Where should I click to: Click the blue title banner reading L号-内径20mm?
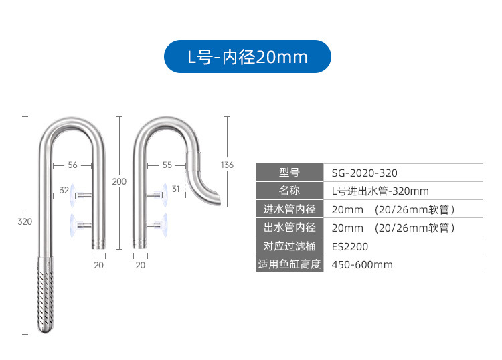pyautogui.click(x=248, y=57)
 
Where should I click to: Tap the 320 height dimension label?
pyautogui.click(x=25, y=222)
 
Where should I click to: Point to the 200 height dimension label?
pyautogui.click(x=119, y=181)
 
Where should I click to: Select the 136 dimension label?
pyautogui.click(x=228, y=165)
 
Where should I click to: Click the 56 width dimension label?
pyautogui.click(x=73, y=165)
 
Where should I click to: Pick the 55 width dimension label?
pyautogui.click(x=167, y=165)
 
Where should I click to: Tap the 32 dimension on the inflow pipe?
pyautogui.click(x=64, y=190)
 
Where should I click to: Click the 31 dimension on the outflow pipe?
pyautogui.click(x=175, y=189)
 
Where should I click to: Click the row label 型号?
pyautogui.click(x=289, y=173)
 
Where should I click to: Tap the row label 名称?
pyautogui.click(x=289, y=191)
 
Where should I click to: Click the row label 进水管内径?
pyautogui.click(x=289, y=209)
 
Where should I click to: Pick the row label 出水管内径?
pyautogui.click(x=289, y=228)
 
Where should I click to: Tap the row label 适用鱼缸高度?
pyautogui.click(x=289, y=264)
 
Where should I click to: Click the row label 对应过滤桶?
pyautogui.click(x=289, y=246)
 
